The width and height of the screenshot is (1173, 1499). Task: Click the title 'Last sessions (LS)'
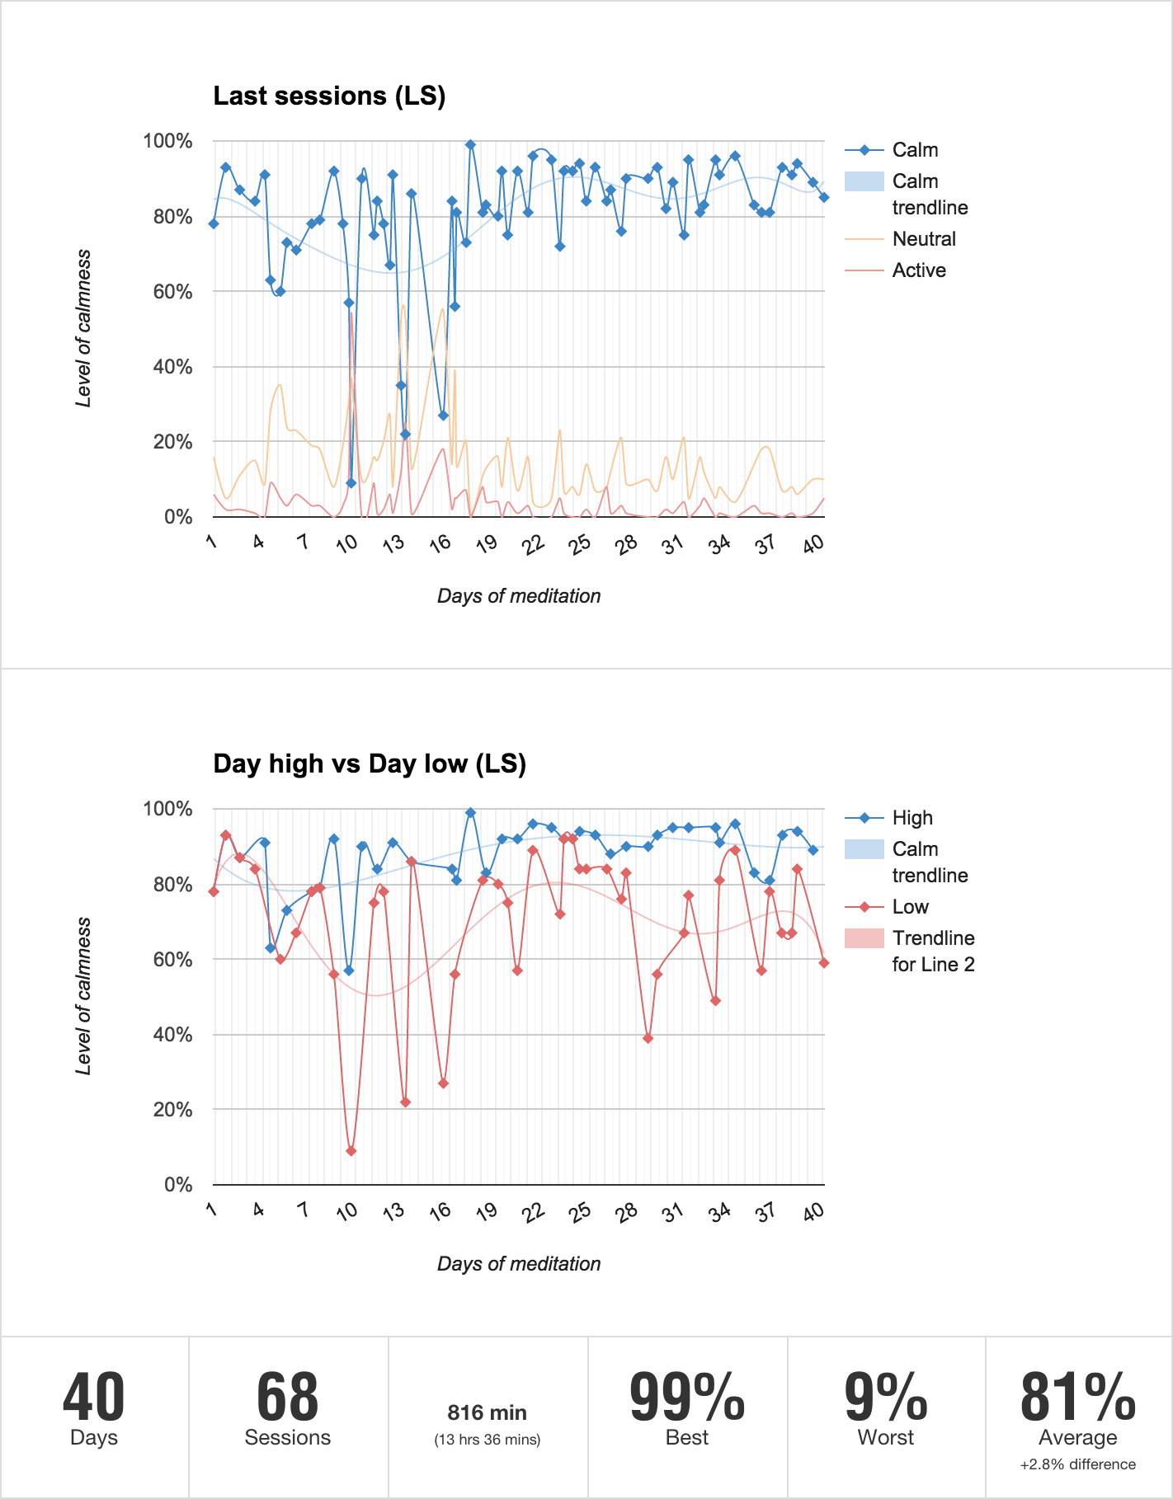(329, 96)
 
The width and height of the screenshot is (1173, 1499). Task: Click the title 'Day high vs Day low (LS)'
(370, 764)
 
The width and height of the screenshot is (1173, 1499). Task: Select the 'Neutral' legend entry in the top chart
(924, 239)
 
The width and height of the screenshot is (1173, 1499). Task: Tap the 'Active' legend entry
(919, 270)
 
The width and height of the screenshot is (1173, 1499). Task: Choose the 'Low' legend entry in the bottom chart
(910, 907)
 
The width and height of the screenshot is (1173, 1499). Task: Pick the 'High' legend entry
(912, 818)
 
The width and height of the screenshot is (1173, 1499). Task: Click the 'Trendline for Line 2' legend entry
(933, 952)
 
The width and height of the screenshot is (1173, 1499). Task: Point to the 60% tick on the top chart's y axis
(172, 292)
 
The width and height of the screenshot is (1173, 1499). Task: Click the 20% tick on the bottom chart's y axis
(172, 1110)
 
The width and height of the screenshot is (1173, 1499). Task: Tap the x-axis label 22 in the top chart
(535, 543)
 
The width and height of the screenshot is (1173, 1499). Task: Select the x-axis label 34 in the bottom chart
(720, 1211)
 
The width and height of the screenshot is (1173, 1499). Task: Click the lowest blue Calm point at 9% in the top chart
(351, 483)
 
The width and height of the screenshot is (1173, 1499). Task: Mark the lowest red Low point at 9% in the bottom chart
(351, 1151)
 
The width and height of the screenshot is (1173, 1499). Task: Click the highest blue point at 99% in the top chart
(470, 145)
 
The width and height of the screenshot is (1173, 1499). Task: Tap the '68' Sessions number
(287, 1398)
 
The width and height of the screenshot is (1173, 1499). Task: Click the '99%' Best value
(687, 1398)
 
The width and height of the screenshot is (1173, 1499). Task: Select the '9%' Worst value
(886, 1398)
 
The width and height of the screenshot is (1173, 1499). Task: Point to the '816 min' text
(487, 1413)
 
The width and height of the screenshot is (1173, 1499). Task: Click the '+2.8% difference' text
(1077, 1464)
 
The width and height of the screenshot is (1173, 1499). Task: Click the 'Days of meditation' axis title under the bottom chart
(519, 1264)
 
